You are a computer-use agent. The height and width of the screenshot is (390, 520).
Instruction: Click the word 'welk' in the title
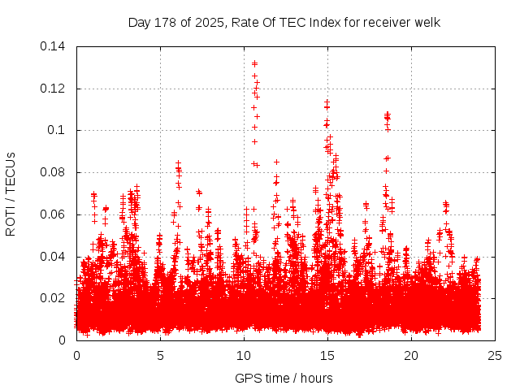pos(426,23)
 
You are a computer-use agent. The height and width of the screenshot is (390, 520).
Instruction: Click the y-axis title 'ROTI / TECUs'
pos(11,193)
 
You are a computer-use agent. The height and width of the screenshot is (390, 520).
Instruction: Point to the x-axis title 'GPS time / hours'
pos(284,378)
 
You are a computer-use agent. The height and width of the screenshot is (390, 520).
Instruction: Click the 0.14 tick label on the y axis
pos(55,46)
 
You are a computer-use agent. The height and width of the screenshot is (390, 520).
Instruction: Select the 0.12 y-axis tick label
pos(55,89)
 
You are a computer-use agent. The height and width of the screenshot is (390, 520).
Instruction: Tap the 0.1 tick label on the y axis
pos(59,130)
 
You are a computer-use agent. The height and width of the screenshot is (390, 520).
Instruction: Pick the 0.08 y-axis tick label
pos(55,172)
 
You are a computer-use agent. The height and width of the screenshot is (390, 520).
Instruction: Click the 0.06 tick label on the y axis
pos(55,214)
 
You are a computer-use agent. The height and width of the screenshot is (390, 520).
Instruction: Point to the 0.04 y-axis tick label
pos(55,257)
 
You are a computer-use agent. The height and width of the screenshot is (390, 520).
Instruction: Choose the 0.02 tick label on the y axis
pos(55,298)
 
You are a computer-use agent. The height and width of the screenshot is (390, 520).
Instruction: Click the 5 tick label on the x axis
pos(160,356)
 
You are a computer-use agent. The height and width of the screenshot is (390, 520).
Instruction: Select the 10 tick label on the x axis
pos(244,356)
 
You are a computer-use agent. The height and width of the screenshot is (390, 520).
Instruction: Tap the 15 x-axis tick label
pos(327,356)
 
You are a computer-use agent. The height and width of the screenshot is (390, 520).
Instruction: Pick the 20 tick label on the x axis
pos(411,356)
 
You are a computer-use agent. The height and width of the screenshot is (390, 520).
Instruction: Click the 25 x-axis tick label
pos(495,356)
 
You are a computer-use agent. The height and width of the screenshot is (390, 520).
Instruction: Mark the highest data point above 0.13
pos(254,63)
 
